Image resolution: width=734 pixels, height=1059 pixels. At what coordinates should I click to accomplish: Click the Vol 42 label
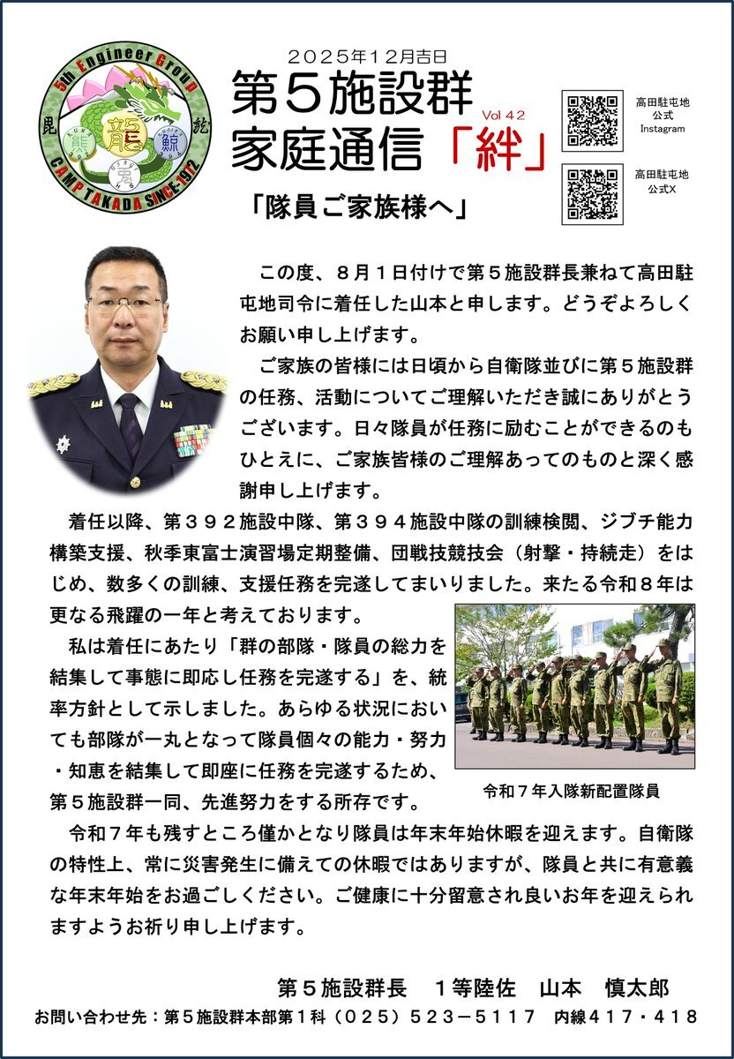click(503, 115)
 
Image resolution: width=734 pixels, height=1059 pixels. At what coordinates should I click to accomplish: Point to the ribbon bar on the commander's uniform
click(193, 439)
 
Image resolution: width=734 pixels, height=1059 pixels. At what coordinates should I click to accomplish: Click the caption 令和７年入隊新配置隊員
click(572, 790)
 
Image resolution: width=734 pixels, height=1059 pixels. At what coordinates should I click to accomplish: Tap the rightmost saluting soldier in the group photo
click(667, 697)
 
